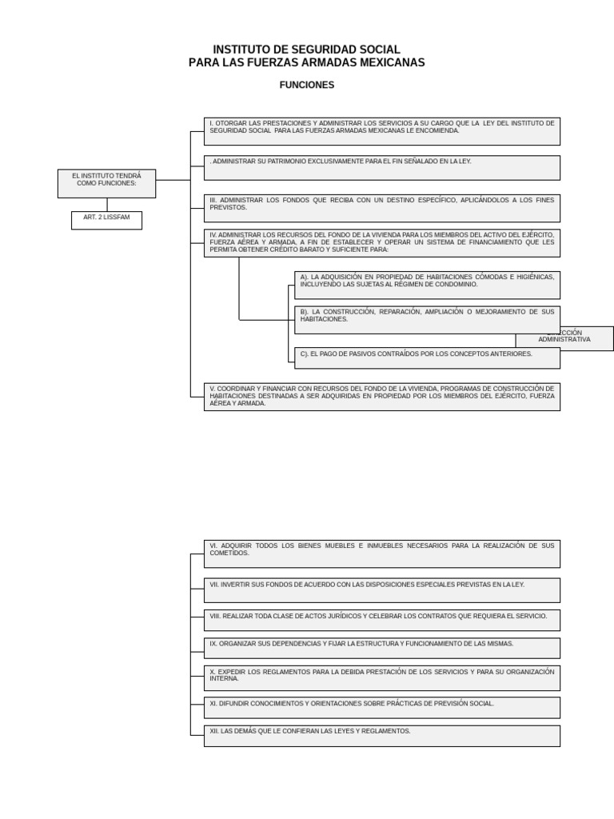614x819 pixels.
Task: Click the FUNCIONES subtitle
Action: pos(307,85)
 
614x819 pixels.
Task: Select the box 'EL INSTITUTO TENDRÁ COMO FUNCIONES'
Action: pos(106,183)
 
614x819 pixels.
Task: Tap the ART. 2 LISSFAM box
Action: pos(106,220)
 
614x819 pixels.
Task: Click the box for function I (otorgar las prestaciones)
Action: pos(381,131)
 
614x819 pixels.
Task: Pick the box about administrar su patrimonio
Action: pos(381,167)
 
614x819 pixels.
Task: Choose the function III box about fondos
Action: pos(381,208)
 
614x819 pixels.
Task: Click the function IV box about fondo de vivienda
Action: pos(381,242)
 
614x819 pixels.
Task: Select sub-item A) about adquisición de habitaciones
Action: pos(427,285)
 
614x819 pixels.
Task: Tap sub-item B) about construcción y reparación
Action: pos(427,319)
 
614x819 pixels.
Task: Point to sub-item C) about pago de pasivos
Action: pos(427,358)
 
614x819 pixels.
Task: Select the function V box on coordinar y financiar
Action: pos(381,397)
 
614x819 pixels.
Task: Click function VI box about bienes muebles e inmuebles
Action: pos(381,553)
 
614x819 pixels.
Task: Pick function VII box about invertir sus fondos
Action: pos(381,589)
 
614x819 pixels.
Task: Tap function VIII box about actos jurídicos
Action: pos(381,620)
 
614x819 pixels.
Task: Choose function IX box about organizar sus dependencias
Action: pos(381,648)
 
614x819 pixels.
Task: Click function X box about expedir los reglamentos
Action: pos(381,677)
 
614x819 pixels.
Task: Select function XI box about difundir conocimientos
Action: pos(381,707)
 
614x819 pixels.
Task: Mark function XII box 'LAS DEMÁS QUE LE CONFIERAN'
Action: pos(381,736)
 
